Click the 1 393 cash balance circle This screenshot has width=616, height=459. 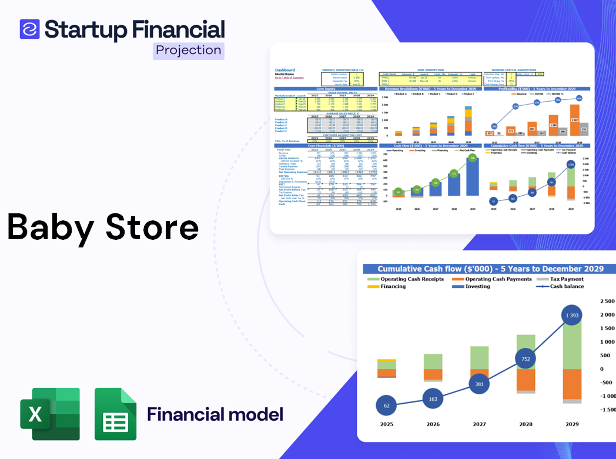click(x=572, y=316)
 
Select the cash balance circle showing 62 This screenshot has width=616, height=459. click(x=386, y=406)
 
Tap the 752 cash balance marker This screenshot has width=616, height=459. click(x=525, y=359)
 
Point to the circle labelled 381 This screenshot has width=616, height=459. click(x=479, y=384)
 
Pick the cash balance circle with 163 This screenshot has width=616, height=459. click(x=433, y=399)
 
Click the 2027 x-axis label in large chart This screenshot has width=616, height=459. click(x=479, y=424)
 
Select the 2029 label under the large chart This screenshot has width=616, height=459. click(x=572, y=424)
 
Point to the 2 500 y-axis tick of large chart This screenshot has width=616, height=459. click(x=606, y=301)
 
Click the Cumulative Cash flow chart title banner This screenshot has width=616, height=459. click(x=490, y=269)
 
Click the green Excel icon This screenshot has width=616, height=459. click(x=49, y=414)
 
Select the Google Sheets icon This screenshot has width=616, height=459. click(x=116, y=414)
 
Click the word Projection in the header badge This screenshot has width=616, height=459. click(x=189, y=51)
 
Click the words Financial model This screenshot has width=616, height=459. click(x=215, y=414)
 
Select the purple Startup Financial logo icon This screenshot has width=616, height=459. click(x=29, y=29)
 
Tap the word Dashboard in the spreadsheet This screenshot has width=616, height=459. click(x=285, y=70)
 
